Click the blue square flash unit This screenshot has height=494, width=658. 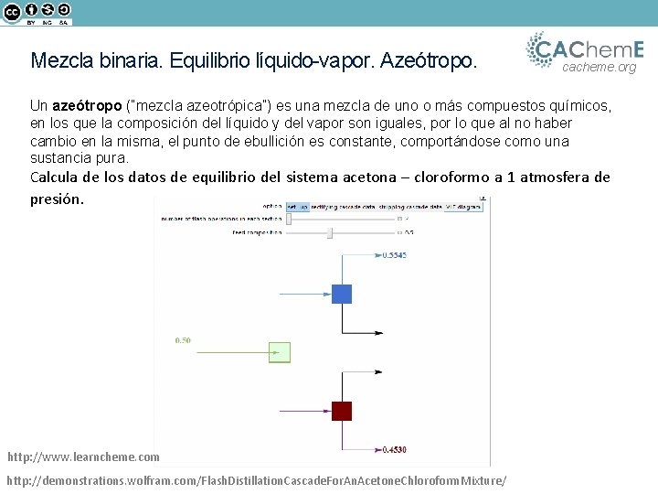[342, 294]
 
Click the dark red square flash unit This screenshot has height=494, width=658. [342, 411]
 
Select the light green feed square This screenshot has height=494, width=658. [280, 352]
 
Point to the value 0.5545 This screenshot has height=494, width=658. [394, 255]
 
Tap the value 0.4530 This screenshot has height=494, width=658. [394, 449]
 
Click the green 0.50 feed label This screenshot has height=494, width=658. [183, 340]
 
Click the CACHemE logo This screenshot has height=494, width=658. [586, 48]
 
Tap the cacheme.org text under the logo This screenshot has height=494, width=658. [599, 67]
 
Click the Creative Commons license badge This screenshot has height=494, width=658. [37, 13]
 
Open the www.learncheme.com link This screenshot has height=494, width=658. [83, 456]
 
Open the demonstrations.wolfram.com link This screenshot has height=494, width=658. [256, 480]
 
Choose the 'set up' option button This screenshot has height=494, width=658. [298, 207]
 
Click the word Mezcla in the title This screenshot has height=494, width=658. [61, 61]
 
